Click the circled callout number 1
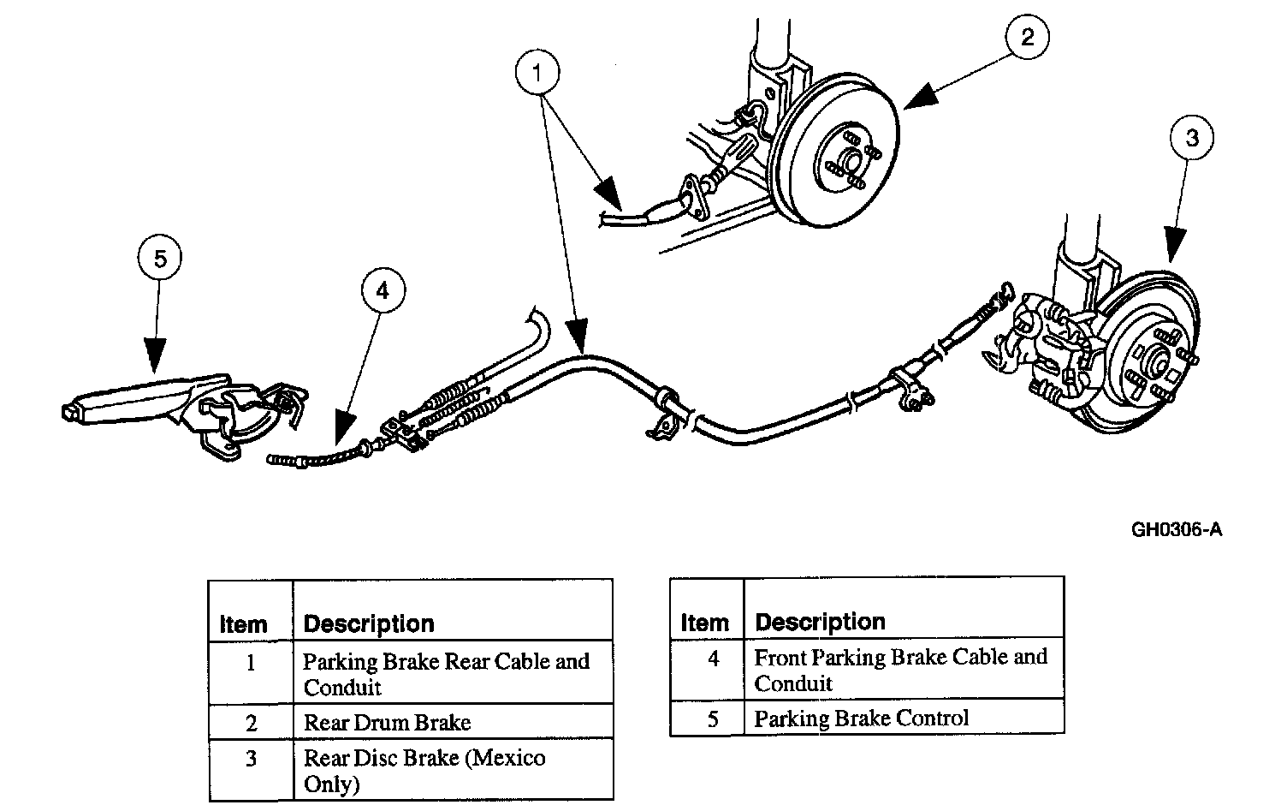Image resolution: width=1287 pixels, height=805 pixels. [537, 74]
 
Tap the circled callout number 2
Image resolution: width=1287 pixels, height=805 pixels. [1028, 36]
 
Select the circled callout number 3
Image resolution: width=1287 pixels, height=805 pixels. [1192, 138]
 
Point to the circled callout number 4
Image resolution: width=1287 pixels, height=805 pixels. [383, 291]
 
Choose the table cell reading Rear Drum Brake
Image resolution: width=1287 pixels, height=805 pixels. [387, 723]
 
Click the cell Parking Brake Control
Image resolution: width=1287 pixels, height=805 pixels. [861, 719]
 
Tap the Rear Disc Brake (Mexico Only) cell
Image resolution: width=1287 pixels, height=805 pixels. [424, 771]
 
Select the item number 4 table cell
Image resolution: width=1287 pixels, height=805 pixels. [714, 659]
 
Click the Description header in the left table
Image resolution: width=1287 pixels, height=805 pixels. [369, 624]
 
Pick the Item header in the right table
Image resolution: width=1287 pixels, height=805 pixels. [704, 623]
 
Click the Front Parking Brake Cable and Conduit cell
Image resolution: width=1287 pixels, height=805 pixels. [900, 670]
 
